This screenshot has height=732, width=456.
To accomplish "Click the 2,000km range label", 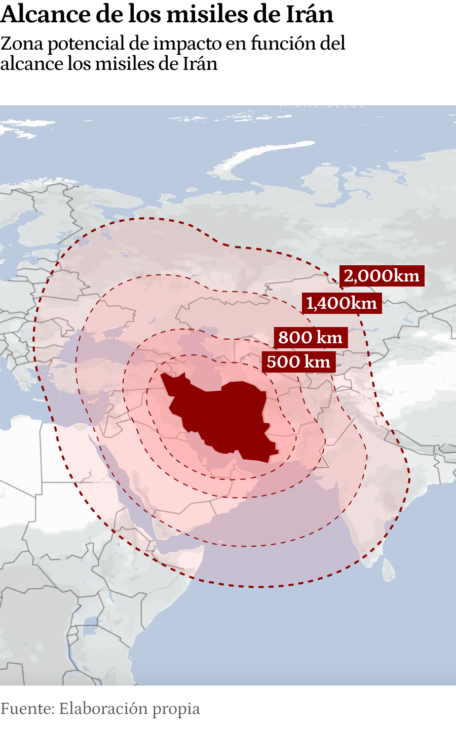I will pyautogui.click(x=382, y=276).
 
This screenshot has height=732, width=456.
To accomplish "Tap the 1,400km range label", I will pyautogui.click(x=341, y=303).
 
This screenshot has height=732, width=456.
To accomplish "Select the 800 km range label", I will pyautogui.click(x=311, y=337).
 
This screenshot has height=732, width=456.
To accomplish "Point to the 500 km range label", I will pyautogui.click(x=298, y=362).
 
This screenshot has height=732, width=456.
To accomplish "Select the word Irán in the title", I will pyautogui.click(x=309, y=14).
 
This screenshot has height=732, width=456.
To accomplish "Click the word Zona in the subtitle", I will pyautogui.click(x=22, y=44).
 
